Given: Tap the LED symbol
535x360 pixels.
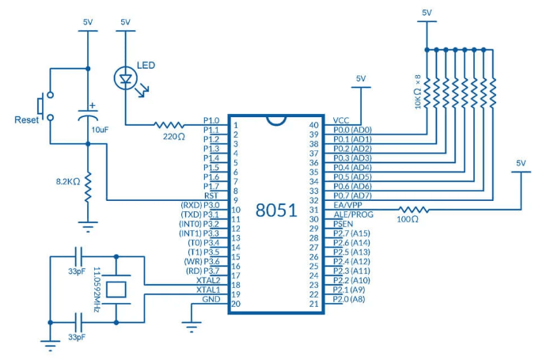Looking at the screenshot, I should coord(125,78).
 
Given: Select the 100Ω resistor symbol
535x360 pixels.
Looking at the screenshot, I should coord(415,210).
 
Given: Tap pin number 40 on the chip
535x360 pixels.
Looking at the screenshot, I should coord(314,125).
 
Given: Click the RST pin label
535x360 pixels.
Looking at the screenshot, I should coord(211,195).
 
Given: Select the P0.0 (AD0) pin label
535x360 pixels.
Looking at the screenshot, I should coord(352,130).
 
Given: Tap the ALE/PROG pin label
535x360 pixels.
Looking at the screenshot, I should coord(353,214).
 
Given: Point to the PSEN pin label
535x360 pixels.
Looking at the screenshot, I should coord(343,225).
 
